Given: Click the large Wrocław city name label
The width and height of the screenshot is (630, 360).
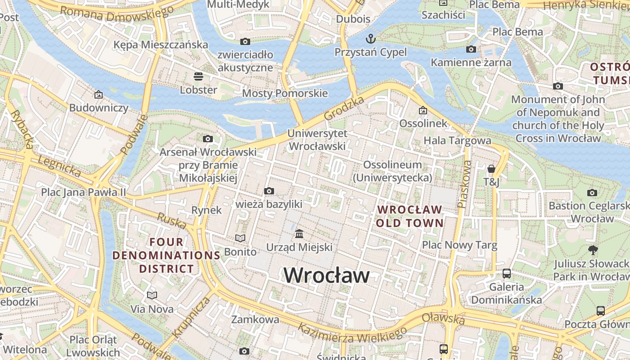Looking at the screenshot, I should [x=327, y=275].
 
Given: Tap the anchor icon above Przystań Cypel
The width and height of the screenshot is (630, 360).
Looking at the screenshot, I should [x=370, y=38].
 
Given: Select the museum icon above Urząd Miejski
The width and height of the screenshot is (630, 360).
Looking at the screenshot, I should [x=299, y=234].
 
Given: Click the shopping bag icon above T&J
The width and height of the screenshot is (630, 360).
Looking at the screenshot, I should [x=491, y=169].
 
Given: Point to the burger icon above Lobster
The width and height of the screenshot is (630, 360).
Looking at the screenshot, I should [x=198, y=76].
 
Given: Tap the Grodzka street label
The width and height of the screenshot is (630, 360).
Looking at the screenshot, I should [x=344, y=108].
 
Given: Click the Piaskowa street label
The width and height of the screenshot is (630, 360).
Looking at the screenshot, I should [x=464, y=184].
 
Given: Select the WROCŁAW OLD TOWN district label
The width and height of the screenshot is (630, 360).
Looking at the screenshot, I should [x=409, y=216].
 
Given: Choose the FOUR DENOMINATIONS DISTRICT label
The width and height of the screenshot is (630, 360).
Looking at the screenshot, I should [x=166, y=256].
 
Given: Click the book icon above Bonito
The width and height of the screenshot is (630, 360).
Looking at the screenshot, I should [x=240, y=238].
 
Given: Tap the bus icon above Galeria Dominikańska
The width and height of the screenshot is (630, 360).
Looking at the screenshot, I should [x=506, y=273].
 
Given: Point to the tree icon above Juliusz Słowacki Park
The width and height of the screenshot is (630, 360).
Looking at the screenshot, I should [x=593, y=250].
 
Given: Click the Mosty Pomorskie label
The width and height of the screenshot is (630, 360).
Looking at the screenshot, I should [x=285, y=93].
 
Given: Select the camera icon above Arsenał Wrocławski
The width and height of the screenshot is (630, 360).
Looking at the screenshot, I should [x=207, y=139].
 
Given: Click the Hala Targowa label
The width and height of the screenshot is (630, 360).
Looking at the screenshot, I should [x=457, y=140].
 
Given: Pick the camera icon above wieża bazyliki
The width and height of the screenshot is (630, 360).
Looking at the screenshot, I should [x=269, y=191].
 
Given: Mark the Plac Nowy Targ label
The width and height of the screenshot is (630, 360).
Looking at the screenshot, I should [x=459, y=245].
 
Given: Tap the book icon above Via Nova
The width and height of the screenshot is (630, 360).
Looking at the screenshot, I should [x=152, y=295].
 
